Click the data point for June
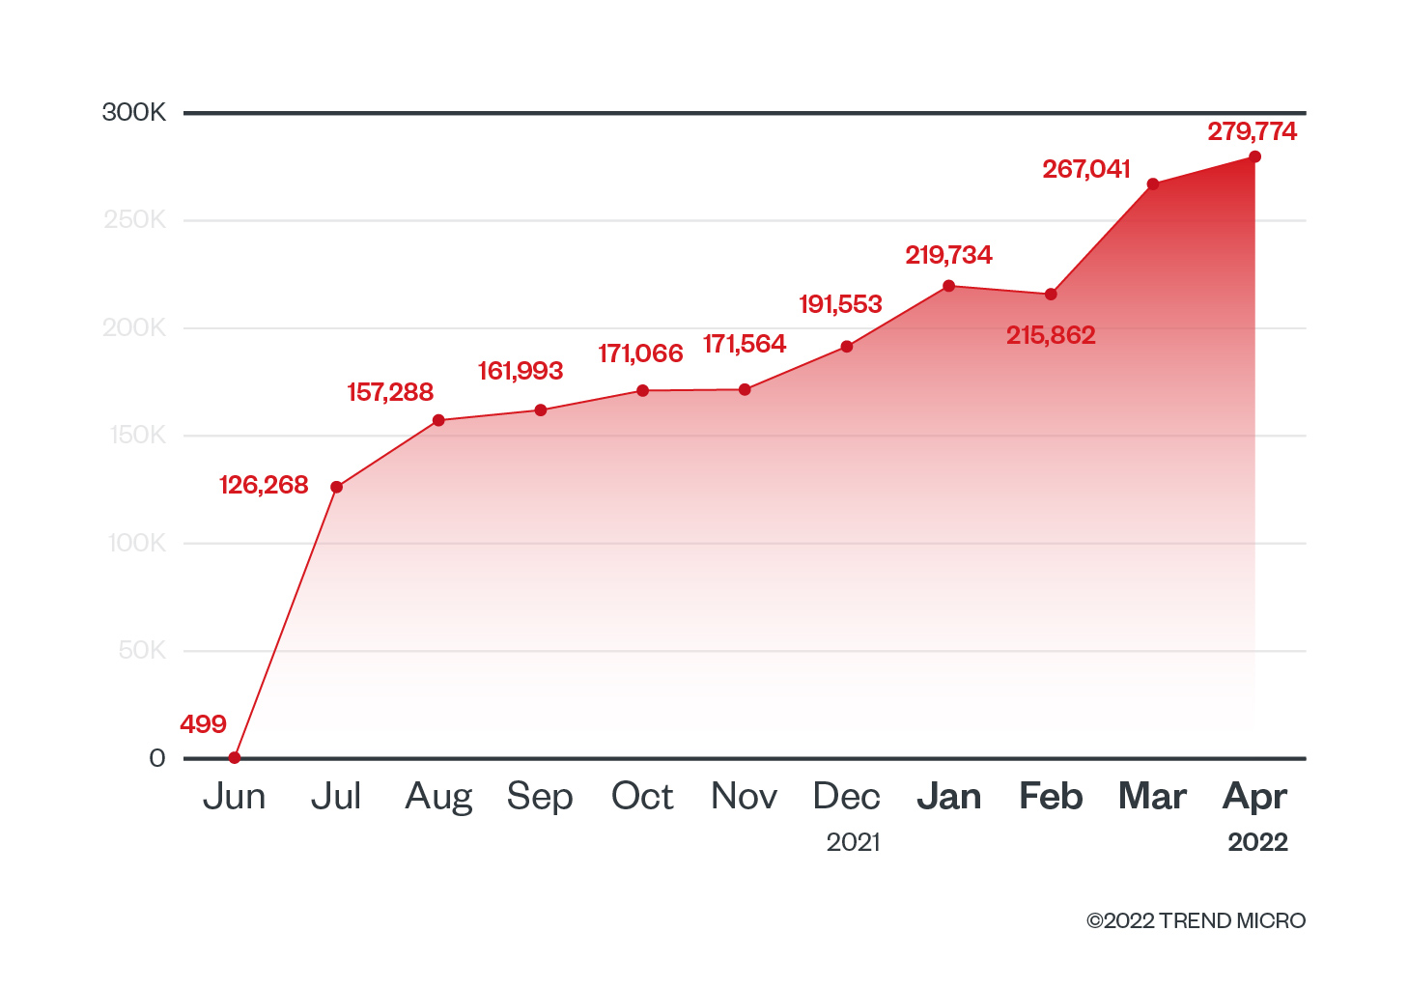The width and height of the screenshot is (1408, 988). click(x=235, y=757)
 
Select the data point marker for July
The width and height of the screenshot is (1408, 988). click(x=336, y=487)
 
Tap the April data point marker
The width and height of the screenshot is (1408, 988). click(x=1254, y=156)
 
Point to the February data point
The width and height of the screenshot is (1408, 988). click(x=1051, y=295)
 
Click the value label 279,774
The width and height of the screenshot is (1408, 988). click(x=1252, y=131)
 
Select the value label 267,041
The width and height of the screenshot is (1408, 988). click(x=1085, y=169)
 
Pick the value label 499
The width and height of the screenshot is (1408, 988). click(x=203, y=724)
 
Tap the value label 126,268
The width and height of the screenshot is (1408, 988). click(x=264, y=485)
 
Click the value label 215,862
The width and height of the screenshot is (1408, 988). click(x=1051, y=335)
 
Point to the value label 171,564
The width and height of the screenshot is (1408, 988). click(x=745, y=344)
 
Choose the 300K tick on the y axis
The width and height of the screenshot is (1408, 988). click(x=134, y=113)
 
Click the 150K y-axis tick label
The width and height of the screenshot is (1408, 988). click(x=137, y=436)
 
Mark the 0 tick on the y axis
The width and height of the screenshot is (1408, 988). click(x=157, y=758)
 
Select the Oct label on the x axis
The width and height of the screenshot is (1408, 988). click(x=642, y=797)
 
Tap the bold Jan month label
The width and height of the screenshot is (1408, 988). click(x=949, y=797)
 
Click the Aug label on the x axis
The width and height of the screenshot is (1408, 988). click(x=438, y=798)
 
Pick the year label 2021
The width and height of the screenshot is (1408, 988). click(x=854, y=842)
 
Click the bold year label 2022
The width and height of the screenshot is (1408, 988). click(x=1257, y=842)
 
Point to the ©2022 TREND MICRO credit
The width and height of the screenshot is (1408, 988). click(x=1196, y=921)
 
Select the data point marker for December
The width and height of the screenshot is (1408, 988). click(x=847, y=347)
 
